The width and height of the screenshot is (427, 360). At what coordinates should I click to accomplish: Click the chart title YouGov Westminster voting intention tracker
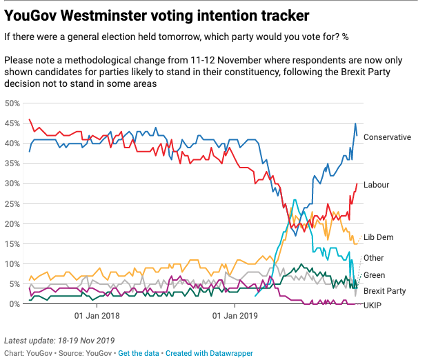pos(157,16)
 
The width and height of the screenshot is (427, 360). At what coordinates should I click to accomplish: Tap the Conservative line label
pos(387,137)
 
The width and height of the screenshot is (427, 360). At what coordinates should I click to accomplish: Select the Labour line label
pos(376,185)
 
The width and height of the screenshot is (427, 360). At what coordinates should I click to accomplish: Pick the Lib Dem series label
pos(379,237)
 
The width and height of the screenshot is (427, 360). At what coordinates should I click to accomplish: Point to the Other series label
pos(373,258)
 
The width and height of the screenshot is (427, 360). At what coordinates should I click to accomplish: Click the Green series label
pos(374,275)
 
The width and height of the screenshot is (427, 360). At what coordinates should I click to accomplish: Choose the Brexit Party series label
pos(384,291)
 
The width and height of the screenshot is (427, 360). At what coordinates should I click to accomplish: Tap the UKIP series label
pos(373,306)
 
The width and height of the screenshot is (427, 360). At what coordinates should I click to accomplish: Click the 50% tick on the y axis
pos(12,103)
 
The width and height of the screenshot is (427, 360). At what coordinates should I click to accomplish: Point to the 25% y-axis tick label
pos(12,204)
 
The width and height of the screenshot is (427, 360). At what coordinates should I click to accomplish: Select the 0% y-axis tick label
pos(14,304)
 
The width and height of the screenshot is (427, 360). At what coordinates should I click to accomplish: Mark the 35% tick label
pos(12,163)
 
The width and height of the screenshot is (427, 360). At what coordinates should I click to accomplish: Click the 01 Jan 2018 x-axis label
pos(97,316)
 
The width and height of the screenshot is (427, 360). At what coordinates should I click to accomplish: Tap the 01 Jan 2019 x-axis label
pos(235,316)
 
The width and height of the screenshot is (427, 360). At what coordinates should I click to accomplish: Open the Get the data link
pos(139,353)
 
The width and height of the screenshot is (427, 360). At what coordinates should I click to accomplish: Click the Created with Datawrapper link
pos(209,353)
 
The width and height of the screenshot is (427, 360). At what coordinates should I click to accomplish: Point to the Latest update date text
pos(59,341)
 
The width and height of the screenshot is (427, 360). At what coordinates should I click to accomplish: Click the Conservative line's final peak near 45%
pos(355,123)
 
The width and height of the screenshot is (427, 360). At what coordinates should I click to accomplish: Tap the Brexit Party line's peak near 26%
pos(295,200)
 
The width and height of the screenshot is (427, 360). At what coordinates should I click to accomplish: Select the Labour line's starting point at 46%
pos(30,119)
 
